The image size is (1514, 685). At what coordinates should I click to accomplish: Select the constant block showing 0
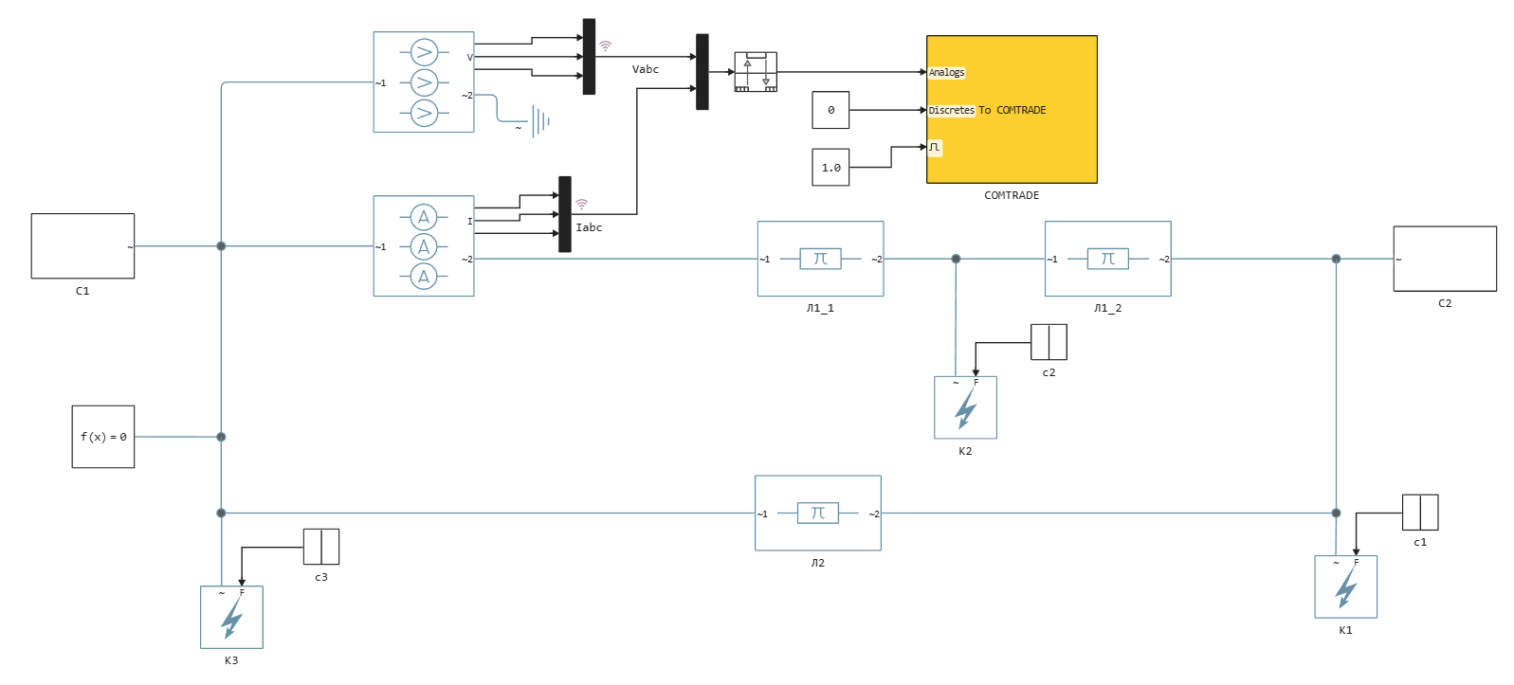tap(830, 110)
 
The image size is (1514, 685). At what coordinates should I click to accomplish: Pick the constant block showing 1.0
tap(830, 168)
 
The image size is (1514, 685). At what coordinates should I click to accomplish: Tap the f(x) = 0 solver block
tap(103, 437)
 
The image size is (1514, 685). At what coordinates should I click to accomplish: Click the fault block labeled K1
tap(1345, 586)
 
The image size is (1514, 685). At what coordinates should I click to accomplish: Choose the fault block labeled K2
tap(965, 407)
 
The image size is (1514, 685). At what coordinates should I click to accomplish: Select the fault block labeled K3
tap(231, 618)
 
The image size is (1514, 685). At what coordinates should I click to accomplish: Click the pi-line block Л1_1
tap(820, 259)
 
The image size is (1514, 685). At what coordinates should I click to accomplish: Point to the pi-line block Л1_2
tap(1107, 259)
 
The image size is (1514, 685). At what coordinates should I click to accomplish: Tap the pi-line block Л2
tap(817, 513)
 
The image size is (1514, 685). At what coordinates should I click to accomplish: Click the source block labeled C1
tap(82, 246)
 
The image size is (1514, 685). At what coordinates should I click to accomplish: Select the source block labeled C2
tap(1444, 259)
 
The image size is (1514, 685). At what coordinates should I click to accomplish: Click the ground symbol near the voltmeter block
tap(539, 121)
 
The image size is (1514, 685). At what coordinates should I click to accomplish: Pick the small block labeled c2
tap(1049, 342)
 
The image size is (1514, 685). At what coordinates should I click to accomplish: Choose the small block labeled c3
tap(321, 547)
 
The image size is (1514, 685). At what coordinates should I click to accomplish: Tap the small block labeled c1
tap(1420, 513)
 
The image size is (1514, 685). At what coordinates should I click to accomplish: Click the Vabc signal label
tap(645, 69)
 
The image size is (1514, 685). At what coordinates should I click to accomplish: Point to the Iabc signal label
tap(589, 227)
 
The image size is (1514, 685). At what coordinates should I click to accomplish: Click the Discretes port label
tap(951, 110)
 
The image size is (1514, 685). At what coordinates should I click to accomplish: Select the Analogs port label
tap(946, 72)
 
